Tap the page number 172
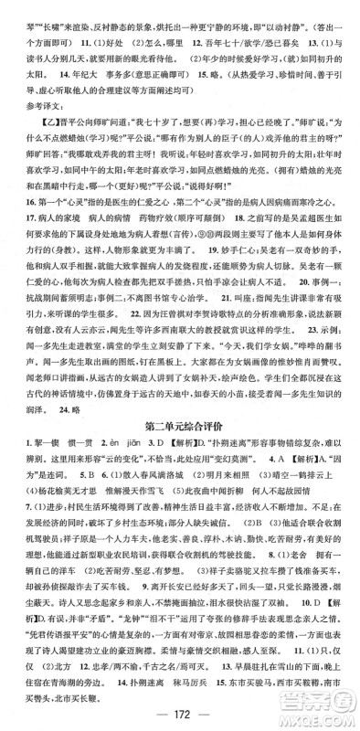tap(179, 713)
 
